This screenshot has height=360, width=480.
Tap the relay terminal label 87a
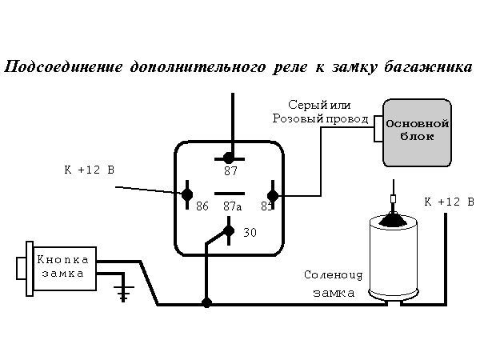pyautogui.click(x=231, y=206)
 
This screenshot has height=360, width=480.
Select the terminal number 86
pyautogui.click(x=202, y=206)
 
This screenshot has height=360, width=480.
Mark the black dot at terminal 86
pyautogui.click(x=187, y=194)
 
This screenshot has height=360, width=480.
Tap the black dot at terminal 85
pyautogui.click(x=272, y=195)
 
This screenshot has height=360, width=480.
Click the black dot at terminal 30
pyautogui.click(x=230, y=231)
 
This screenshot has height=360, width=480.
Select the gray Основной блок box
pyautogui.click(x=416, y=132)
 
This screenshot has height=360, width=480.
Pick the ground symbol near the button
pyautogui.click(x=122, y=294)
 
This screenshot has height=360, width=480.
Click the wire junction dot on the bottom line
pyautogui.click(x=207, y=303)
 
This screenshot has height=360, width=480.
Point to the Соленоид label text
pyautogui.click(x=334, y=274)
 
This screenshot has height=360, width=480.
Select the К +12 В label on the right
pyautogui.click(x=449, y=201)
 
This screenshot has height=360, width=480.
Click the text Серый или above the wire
pyautogui.click(x=321, y=105)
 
